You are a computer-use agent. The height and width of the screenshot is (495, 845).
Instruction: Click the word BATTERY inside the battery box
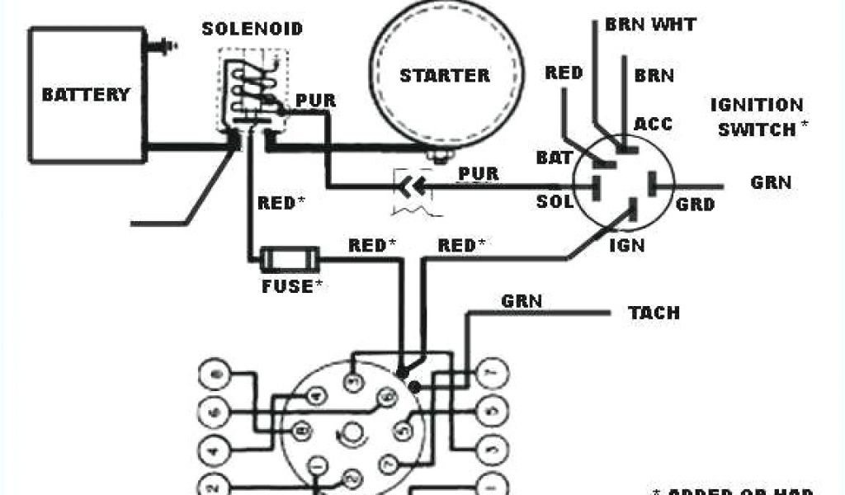86,94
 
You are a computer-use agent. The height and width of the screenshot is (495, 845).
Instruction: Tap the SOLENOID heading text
253,29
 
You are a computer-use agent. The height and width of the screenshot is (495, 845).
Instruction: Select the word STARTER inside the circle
444,76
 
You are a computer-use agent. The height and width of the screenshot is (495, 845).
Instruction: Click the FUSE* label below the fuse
290,286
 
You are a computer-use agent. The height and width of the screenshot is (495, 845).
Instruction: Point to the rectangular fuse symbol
289,261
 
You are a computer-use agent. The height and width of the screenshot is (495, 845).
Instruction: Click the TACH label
654,313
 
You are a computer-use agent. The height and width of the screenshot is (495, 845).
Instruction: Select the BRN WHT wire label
649,24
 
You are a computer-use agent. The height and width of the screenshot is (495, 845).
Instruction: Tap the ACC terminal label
653,124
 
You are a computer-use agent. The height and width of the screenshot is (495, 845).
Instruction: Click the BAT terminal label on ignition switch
554,158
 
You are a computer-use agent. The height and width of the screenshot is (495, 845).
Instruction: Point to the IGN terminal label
626,245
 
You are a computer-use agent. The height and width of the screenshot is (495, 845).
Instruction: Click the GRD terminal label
695,204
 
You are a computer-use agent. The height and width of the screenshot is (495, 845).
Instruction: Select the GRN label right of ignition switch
771,182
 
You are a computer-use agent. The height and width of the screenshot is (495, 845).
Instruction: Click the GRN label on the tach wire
522,301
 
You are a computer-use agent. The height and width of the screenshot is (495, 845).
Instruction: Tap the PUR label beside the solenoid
315,101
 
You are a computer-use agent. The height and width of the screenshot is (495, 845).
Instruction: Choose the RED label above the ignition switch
564,73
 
